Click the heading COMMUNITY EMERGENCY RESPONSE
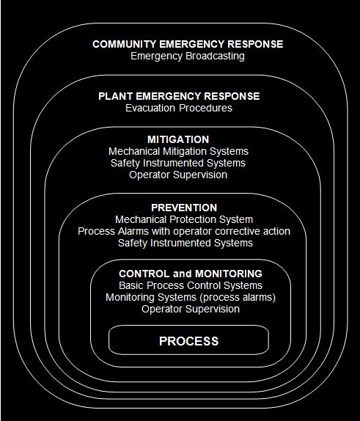[x=188, y=44]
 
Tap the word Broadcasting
[x=215, y=56]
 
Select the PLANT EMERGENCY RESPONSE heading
[x=179, y=96]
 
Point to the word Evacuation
[x=150, y=108]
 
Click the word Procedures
[x=205, y=108]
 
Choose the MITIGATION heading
[x=178, y=139]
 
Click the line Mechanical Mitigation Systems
[x=178, y=151]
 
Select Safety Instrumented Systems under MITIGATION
[x=178, y=163]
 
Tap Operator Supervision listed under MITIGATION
[x=178, y=175]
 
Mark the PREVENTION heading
[x=184, y=208]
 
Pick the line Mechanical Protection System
[x=184, y=219]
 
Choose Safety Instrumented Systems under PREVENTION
[x=185, y=243]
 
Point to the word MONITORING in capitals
[x=229, y=274]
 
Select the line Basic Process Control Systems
[x=191, y=285]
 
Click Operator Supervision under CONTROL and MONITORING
[x=191, y=309]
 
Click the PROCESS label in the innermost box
[x=188, y=341]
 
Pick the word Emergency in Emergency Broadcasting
[x=156, y=56]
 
